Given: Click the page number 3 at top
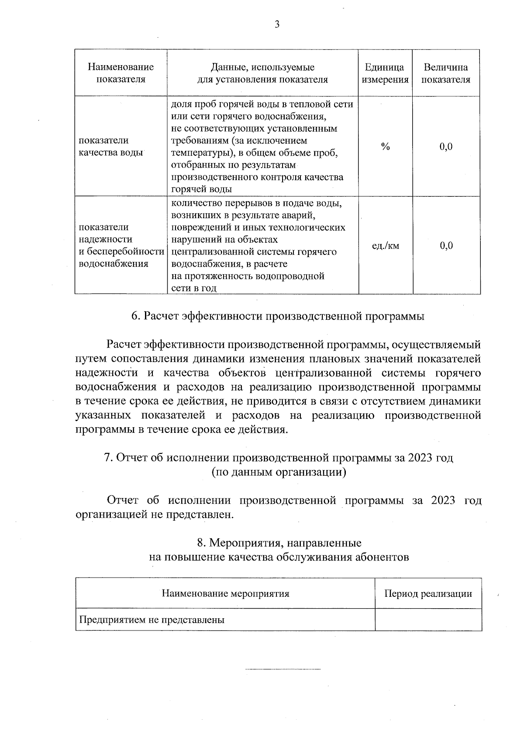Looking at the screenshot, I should (x=276, y=25).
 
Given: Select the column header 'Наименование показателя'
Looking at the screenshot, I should (x=121, y=73).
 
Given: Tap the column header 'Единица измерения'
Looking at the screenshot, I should (x=385, y=73).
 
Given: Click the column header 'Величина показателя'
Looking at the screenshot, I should (x=446, y=73).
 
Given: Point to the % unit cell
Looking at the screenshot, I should (x=385, y=146).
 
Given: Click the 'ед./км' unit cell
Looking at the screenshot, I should (x=385, y=246).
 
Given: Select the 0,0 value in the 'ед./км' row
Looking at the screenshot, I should (x=446, y=246).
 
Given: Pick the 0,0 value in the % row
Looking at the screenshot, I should (x=446, y=146).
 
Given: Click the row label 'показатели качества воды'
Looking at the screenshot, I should (x=111, y=146).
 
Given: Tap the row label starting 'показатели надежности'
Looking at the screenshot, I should (x=121, y=245).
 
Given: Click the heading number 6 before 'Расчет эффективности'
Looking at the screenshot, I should (x=135, y=316).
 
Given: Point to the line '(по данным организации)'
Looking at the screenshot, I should (x=279, y=472).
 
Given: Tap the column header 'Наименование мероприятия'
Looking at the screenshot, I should (x=225, y=593).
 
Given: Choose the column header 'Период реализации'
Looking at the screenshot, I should (x=428, y=593).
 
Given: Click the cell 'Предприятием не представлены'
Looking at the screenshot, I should (x=152, y=620).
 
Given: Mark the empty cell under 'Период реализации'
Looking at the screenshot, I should (x=428, y=620).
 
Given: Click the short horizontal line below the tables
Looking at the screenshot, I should (x=283, y=669).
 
